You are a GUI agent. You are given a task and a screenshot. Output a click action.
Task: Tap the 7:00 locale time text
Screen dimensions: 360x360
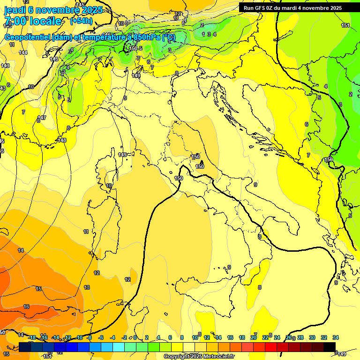click(32, 21)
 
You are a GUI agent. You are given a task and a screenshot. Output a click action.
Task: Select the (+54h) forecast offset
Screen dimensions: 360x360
click(81, 21)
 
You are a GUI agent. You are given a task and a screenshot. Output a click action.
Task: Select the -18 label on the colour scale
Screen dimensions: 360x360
click(32, 337)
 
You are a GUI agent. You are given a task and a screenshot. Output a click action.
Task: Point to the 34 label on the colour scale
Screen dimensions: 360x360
click(336, 337)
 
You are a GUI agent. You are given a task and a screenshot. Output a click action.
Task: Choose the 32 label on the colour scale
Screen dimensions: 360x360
click(324, 337)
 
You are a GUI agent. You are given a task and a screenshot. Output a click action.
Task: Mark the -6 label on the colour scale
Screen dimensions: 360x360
click(101, 337)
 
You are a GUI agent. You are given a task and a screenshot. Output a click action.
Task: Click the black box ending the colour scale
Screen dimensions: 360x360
click(330, 346)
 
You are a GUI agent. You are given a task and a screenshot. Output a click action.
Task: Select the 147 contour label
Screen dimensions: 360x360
click(42, 118)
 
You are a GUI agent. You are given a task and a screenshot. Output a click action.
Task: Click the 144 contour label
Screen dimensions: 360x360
click(23, 52)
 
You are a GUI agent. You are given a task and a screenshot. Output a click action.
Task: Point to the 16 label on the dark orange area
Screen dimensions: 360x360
click(26, 307)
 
